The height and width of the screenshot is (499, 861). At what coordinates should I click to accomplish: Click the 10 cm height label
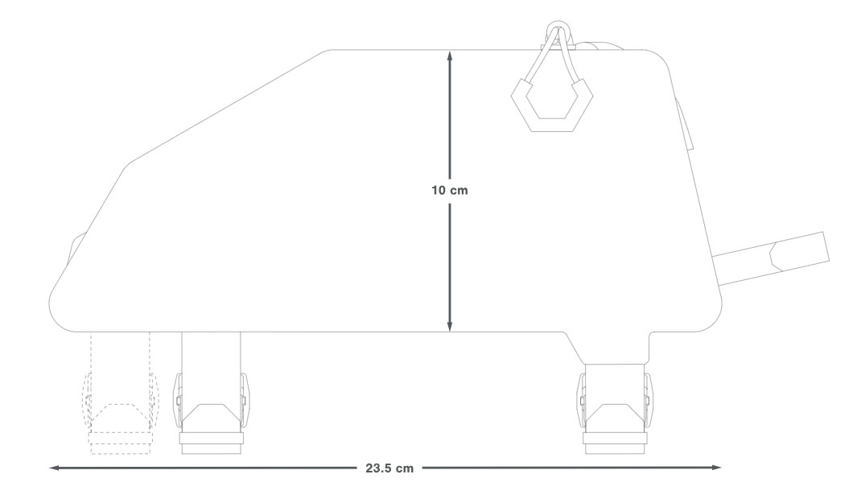(450, 191)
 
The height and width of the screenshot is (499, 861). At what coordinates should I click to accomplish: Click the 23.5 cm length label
(389, 468)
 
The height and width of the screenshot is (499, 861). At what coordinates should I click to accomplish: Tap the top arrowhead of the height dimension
(450, 56)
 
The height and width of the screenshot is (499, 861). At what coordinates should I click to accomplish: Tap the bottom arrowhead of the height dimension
(450, 327)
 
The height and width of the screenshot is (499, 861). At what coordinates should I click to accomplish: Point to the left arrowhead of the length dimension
(55, 468)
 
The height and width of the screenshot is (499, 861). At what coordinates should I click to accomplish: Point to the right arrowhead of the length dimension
(716, 468)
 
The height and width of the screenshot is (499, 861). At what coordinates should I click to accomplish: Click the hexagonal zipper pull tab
(552, 105)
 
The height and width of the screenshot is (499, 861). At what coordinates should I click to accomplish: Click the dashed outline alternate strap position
(120, 393)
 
